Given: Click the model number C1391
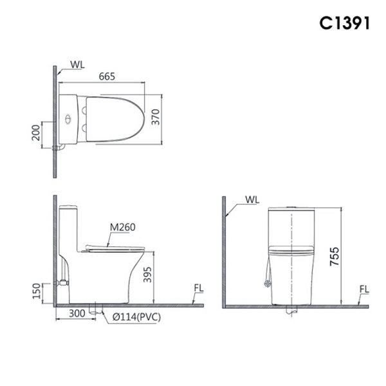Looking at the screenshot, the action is tap(344, 23).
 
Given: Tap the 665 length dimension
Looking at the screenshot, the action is tap(107, 77).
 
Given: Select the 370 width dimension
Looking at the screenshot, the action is tap(156, 117).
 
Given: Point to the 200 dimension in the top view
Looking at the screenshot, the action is tap(36, 133).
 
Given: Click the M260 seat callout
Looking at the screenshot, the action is tap(122, 227).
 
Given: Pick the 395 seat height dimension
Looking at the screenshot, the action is tap(147, 275).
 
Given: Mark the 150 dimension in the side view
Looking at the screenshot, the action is tap(37, 291).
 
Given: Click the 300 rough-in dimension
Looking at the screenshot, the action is tap(77, 313).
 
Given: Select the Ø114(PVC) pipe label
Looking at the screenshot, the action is tap(136, 317).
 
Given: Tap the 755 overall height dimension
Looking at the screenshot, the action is tap(335, 257).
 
